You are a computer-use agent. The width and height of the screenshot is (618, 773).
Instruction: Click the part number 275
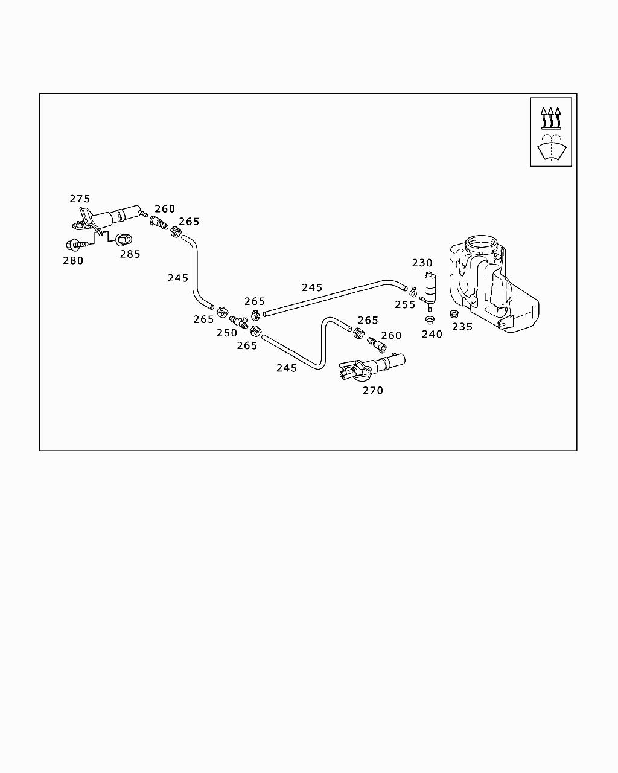coord(80,199)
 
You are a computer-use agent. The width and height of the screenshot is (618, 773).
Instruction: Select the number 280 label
coord(73,260)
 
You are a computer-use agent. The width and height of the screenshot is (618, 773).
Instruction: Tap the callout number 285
coord(130,254)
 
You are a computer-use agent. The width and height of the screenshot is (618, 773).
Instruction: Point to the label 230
coord(422,263)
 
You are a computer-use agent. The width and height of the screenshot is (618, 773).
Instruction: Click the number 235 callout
coord(462,327)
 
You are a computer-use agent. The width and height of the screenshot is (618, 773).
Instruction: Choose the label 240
coord(432,334)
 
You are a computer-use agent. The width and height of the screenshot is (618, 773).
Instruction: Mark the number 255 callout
coord(405,304)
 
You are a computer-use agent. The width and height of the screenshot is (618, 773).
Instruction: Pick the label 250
coord(227,333)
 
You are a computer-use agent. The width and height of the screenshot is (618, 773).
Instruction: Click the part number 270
coord(373,391)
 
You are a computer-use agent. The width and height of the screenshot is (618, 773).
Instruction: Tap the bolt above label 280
coord(77,244)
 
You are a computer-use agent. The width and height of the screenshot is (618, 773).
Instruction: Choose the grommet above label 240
coord(430,319)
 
